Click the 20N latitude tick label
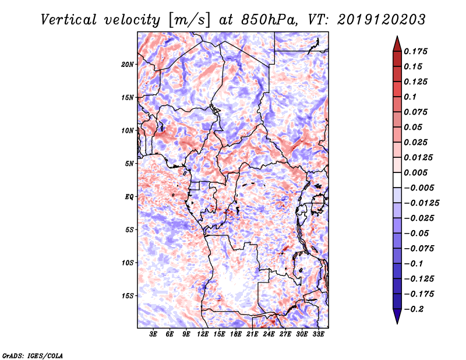pos(128,65)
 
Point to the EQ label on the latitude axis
pos(129,197)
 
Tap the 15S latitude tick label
pos(128,296)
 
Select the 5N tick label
pos(129,164)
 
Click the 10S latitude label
pos(128,263)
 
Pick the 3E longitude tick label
pos(153,334)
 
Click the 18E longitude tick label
pos(236,334)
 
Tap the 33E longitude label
pos(318,334)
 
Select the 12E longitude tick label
pos(203,334)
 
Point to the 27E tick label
pos(285,334)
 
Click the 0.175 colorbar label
pos(415,51)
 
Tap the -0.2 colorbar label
pos(414,309)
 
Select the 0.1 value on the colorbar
pos(410,97)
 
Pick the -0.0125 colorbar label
pos(421,203)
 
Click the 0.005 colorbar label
pos(415,172)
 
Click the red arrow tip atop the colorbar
pos(397,36)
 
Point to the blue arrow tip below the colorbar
pos(397,323)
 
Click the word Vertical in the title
pos(69,20)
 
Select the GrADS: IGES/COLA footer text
pos(33,355)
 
